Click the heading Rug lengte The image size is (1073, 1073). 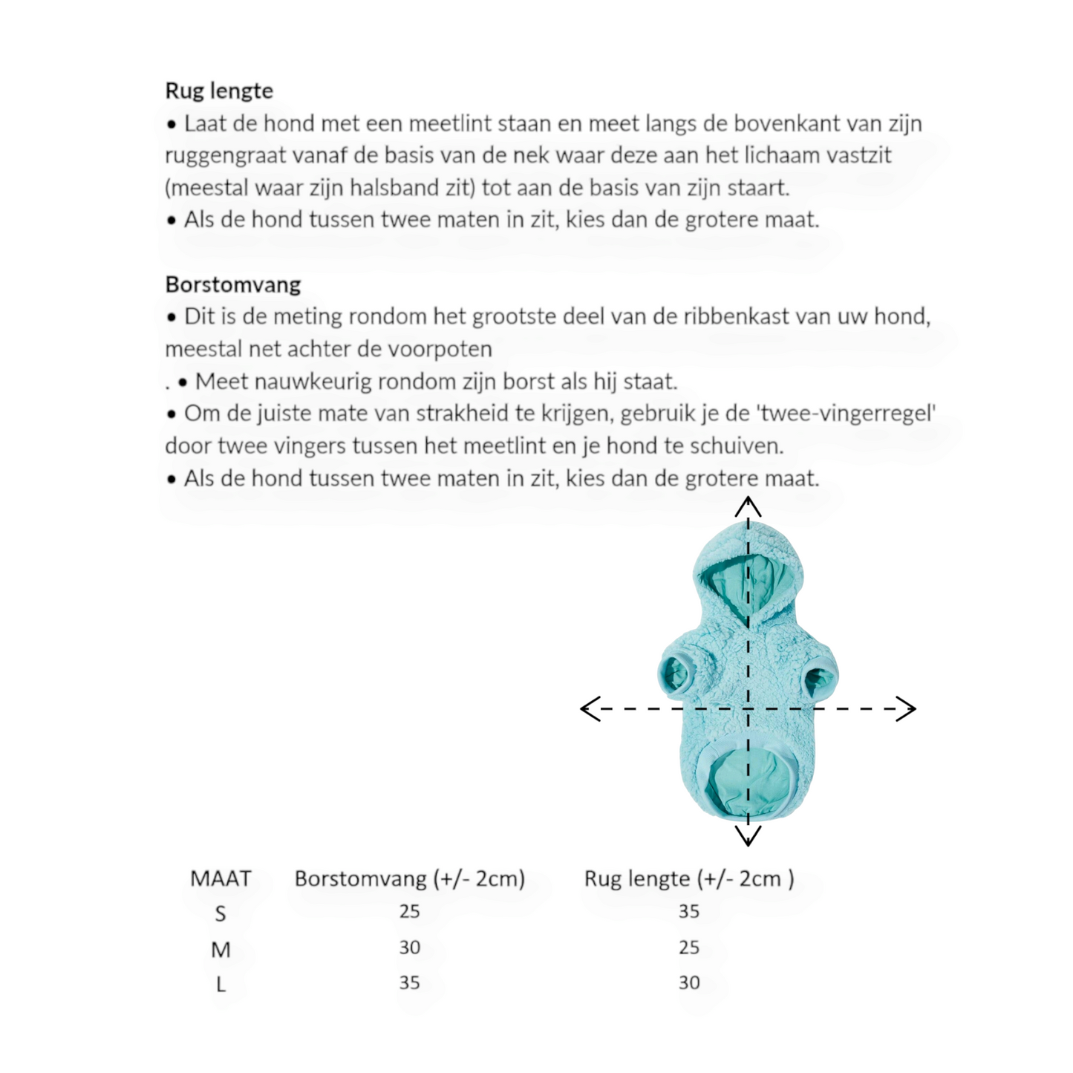(x=219, y=91)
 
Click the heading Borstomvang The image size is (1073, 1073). (x=233, y=284)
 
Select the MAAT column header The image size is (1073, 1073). (x=221, y=878)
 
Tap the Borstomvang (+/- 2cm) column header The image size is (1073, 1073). (x=409, y=878)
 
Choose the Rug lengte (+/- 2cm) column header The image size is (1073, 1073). (x=688, y=878)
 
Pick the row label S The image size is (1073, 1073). (x=221, y=913)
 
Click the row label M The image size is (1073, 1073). (x=221, y=949)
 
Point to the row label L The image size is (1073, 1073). (x=221, y=984)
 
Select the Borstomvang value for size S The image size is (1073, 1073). (x=409, y=911)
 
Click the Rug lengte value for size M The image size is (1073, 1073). (x=688, y=947)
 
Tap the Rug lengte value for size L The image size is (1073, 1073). (x=688, y=982)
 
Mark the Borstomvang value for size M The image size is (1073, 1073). (x=409, y=947)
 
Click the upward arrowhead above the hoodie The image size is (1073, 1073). (x=748, y=506)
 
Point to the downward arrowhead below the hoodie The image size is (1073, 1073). (x=748, y=837)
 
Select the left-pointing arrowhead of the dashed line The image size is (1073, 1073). (x=589, y=708)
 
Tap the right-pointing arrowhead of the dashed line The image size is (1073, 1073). (x=907, y=708)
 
